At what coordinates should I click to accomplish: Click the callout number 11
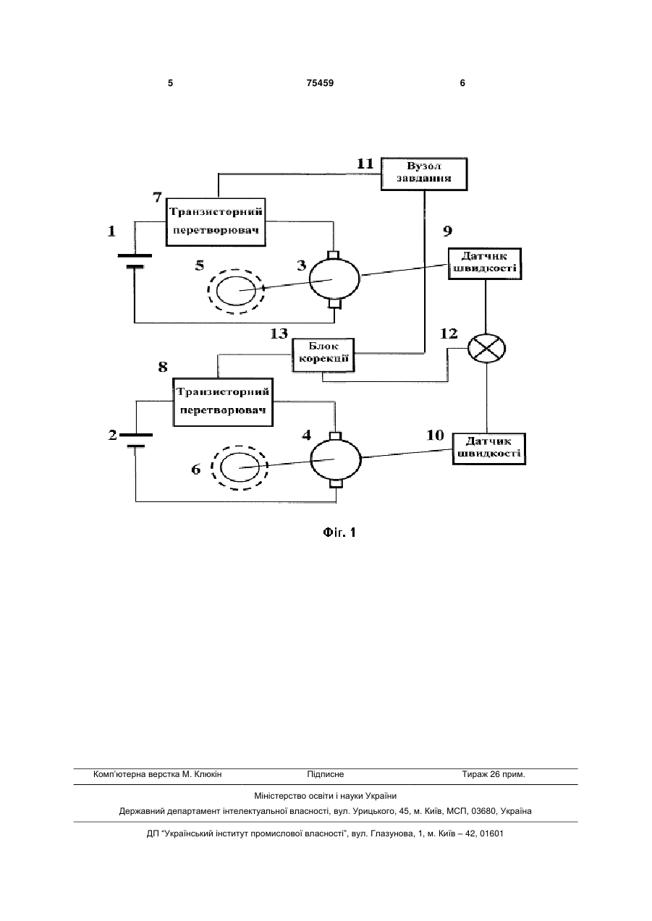point(365,164)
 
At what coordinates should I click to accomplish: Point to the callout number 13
point(279,334)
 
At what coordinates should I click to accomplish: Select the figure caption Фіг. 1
point(339,533)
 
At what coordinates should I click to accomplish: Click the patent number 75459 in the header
point(320,83)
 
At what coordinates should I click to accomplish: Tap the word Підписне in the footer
point(326,774)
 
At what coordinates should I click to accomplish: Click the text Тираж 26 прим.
point(494,774)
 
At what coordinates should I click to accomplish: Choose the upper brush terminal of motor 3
point(333,255)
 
